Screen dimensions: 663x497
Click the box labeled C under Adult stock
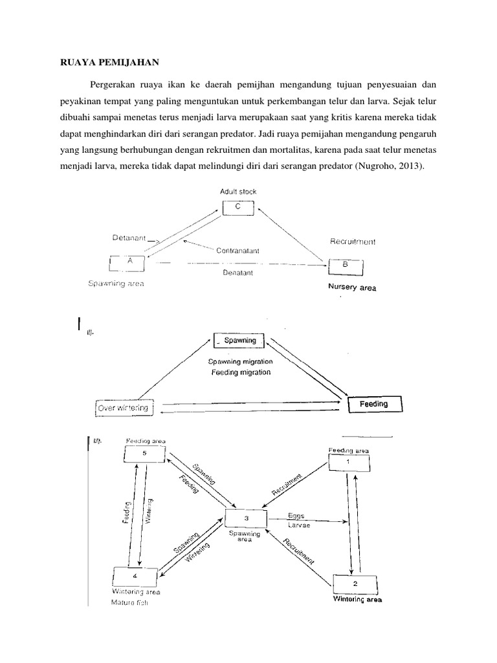point(237,207)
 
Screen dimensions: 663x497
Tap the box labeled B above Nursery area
point(346,265)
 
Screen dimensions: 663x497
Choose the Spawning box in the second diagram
point(239,341)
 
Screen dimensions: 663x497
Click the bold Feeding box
point(374,405)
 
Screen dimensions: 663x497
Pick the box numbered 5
point(144,454)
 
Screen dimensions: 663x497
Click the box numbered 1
point(349,462)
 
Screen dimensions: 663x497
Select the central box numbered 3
point(246,519)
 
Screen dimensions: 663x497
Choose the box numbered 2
point(353,583)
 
